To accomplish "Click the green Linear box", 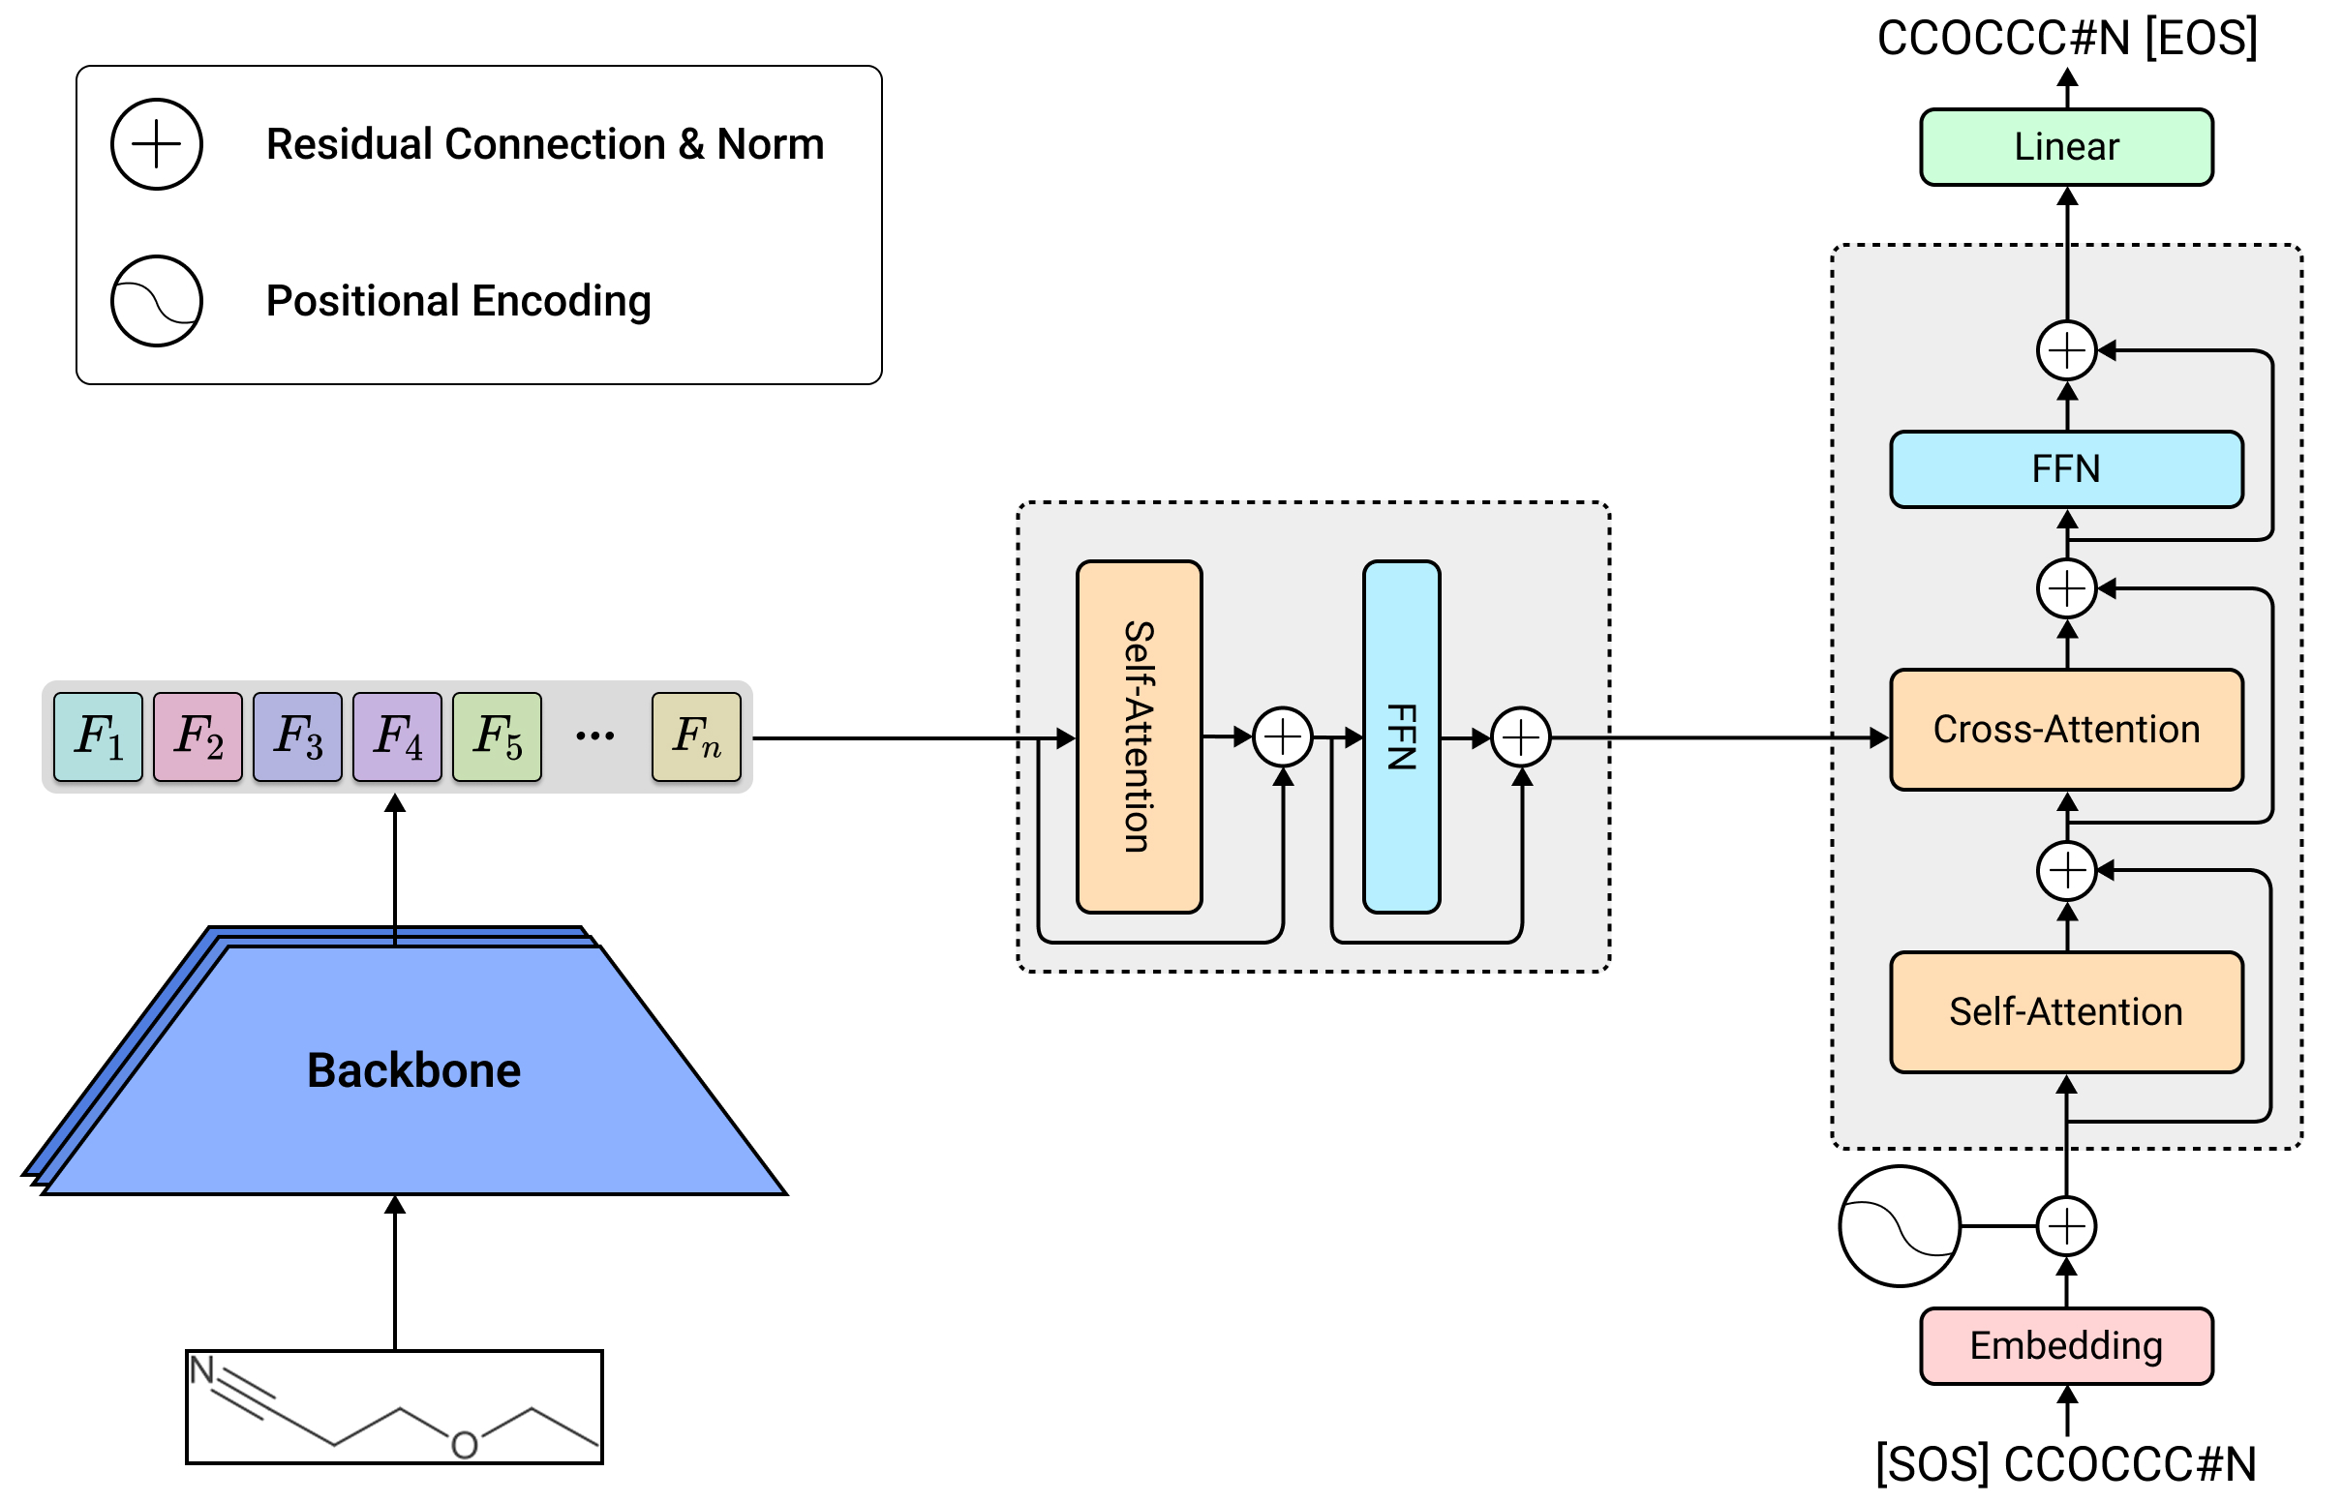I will [x=2065, y=147].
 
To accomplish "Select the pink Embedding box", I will [x=2065, y=1345].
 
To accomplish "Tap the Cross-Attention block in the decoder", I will [x=2065, y=730].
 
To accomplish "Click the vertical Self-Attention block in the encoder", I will [x=1139, y=736].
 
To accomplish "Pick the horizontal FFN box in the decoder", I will [x=2065, y=469].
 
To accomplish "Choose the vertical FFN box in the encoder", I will [x=1401, y=736].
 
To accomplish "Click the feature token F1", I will [x=99, y=736].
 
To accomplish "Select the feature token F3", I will [x=297, y=736].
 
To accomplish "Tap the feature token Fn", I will [x=695, y=736].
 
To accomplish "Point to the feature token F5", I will [x=497, y=736].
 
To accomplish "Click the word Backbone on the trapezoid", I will [x=413, y=1070].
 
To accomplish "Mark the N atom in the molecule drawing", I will [x=202, y=1369].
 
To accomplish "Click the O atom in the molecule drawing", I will [x=465, y=1445].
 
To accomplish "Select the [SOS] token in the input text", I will [x=1932, y=1464].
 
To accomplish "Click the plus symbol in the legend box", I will [x=156, y=144].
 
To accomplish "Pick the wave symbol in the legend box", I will [x=156, y=300].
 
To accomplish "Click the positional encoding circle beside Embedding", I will [x=1899, y=1226].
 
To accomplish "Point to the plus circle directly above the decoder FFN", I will [x=2066, y=350].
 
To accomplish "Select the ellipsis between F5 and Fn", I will [x=595, y=736].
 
